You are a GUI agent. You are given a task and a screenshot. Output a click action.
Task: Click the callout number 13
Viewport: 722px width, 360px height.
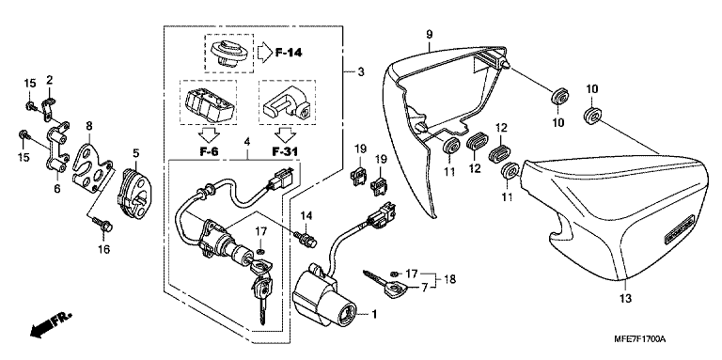point(625,298)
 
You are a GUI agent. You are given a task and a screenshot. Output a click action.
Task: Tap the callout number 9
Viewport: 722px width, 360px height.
point(429,34)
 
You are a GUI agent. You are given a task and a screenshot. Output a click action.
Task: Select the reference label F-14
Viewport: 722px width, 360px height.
point(289,53)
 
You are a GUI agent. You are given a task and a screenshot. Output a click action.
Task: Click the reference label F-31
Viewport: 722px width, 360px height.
point(285,150)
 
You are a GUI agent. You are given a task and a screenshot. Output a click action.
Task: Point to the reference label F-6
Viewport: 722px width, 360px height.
point(210,150)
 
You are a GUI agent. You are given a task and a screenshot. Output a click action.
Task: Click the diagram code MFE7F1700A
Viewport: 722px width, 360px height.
point(639,339)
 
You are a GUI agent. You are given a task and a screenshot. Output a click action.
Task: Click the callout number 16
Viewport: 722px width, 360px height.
point(103,249)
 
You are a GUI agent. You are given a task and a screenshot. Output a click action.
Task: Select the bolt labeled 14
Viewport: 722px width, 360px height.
point(305,240)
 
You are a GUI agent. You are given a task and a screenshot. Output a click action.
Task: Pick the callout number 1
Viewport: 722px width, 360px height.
point(374,315)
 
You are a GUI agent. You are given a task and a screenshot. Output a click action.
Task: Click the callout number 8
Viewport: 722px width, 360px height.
point(89,125)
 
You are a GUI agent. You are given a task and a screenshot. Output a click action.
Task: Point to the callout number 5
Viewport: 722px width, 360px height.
point(135,151)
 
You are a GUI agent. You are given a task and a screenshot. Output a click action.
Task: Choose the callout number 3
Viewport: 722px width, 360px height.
point(361,71)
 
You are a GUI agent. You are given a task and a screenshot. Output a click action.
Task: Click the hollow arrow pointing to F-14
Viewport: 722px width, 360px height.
point(264,53)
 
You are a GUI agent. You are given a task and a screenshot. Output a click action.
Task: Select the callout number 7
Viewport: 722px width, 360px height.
point(425,287)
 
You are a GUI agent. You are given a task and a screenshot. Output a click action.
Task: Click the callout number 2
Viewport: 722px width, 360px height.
point(49,81)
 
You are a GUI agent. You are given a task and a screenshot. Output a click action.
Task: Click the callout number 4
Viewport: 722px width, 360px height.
point(247,142)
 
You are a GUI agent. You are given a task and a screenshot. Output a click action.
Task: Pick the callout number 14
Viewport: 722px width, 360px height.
point(306,216)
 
